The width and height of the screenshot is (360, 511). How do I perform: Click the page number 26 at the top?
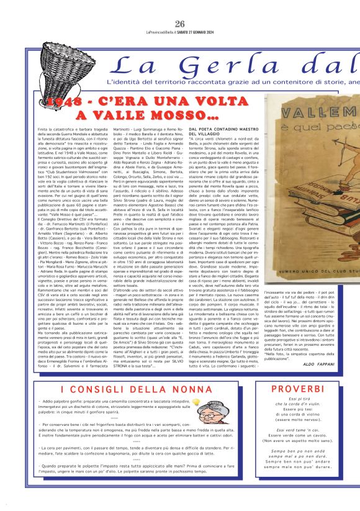click(x=180, y=7)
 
